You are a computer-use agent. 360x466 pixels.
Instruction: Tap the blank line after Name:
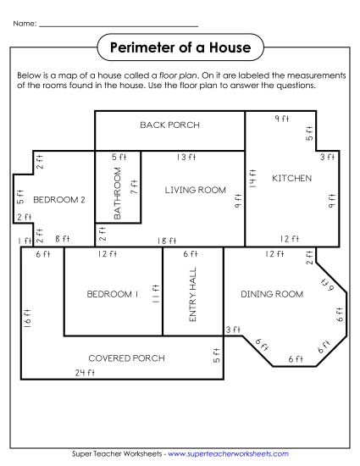click(119, 25)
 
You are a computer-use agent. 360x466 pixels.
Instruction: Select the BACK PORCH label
click(169, 125)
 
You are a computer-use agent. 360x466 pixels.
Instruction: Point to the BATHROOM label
click(118, 193)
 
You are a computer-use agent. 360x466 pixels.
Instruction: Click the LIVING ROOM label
click(196, 191)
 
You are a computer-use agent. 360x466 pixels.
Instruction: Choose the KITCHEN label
click(291, 179)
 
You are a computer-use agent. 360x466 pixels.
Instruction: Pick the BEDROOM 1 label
click(113, 294)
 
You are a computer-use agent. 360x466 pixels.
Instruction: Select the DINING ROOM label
click(271, 294)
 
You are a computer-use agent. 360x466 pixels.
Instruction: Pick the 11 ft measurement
click(155, 294)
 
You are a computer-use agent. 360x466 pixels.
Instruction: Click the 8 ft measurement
click(61, 240)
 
